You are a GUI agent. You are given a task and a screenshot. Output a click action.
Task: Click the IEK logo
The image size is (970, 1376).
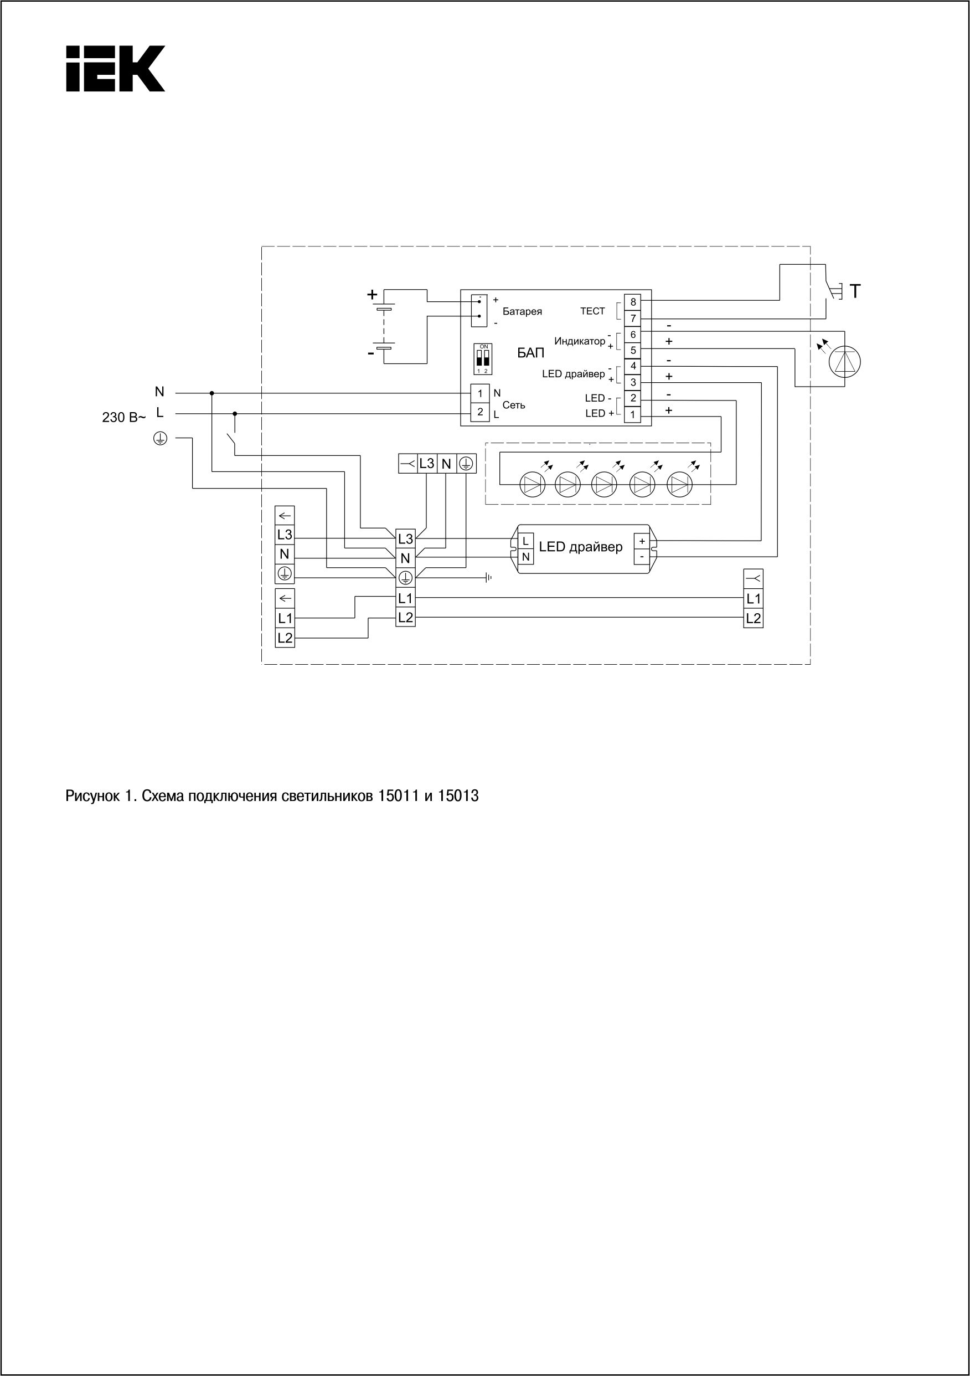pos(115,68)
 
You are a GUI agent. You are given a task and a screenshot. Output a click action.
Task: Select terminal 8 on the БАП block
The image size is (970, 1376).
pos(633,302)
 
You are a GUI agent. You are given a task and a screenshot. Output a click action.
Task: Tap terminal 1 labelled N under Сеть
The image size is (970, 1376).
pos(480,394)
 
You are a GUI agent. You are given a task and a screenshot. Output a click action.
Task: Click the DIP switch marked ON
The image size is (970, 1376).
pos(483,359)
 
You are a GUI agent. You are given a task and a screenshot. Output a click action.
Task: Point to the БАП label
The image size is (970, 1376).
pos(531,353)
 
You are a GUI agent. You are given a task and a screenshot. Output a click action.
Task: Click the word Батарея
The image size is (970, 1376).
pos(522,312)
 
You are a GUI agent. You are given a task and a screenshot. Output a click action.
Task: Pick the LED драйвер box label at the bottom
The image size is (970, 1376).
pos(581,547)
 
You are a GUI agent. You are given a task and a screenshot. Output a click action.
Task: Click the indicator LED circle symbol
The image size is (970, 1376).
pos(844,361)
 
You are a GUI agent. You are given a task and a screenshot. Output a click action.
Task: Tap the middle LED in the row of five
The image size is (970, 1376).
pos(604,484)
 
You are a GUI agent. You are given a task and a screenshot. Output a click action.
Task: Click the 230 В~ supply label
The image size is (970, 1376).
pos(123,418)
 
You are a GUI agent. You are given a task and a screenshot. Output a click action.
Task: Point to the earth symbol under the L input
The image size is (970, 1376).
pos(160,439)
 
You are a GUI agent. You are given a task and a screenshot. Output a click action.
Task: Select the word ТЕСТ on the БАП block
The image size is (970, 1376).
pos(592,311)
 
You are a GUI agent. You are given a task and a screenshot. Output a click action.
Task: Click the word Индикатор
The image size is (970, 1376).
pos(579,342)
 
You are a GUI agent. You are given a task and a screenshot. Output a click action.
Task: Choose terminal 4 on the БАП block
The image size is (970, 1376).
pos(633,366)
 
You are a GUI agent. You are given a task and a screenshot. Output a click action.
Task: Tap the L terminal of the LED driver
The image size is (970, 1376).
pos(525,541)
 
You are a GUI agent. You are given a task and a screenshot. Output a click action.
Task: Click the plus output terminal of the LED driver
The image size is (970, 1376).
pos(642,541)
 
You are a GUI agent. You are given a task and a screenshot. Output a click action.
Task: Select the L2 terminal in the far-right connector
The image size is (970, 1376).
pos(753,619)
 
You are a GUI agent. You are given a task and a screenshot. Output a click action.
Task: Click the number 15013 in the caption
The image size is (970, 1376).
pos(458,797)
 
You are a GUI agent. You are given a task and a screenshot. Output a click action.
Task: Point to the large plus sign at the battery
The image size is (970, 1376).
pos(372,294)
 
